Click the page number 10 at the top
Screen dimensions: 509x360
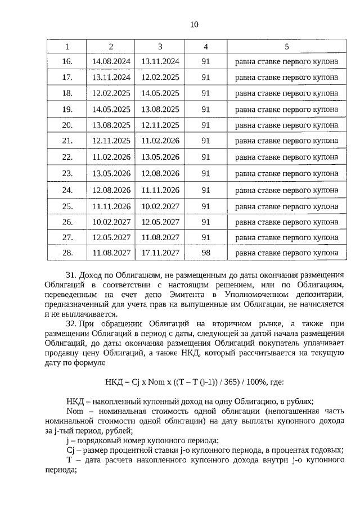[194, 24]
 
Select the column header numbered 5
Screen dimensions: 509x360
[287, 46]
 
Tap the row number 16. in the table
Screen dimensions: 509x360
[67, 61]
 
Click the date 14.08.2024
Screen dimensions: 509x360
[111, 61]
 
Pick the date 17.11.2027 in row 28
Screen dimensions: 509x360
[160, 253]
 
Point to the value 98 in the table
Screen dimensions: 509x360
[206, 253]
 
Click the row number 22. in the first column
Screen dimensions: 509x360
[67, 157]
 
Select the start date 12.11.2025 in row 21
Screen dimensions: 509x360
[111, 141]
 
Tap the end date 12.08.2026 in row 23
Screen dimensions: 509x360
[160, 173]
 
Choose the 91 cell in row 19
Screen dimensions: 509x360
[206, 109]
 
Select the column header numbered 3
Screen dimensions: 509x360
[160, 46]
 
